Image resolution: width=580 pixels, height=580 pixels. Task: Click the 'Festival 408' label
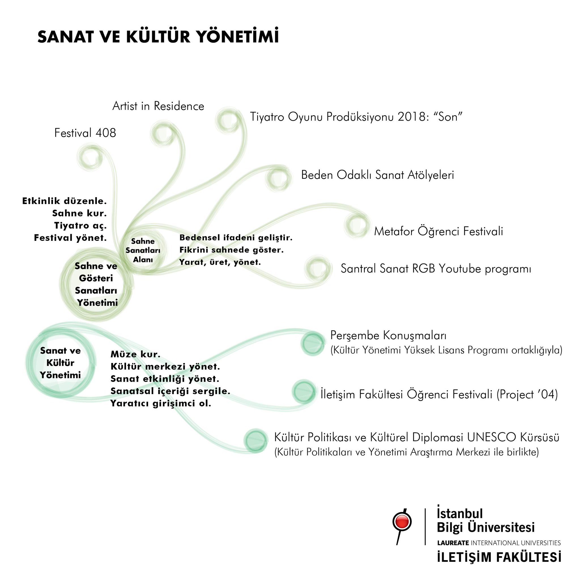85,133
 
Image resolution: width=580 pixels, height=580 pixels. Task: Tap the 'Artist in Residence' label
158,106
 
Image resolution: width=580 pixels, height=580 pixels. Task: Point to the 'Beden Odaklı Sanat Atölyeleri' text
377,175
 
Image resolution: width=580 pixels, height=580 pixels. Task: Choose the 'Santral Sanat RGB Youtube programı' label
436,269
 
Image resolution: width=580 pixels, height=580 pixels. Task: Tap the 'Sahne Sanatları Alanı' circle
143,250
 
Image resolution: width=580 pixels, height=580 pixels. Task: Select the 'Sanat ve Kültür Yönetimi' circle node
60,363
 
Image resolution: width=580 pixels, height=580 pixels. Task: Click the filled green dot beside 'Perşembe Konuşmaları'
313,343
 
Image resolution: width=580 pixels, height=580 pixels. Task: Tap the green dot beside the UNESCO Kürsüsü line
255,440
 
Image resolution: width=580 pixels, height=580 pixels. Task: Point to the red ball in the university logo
402,523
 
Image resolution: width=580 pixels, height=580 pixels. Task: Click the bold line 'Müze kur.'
135,354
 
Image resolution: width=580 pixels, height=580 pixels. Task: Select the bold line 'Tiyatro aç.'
80,226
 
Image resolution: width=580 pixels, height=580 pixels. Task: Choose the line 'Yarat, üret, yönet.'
220,262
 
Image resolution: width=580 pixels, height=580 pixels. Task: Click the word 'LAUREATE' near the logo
453,543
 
